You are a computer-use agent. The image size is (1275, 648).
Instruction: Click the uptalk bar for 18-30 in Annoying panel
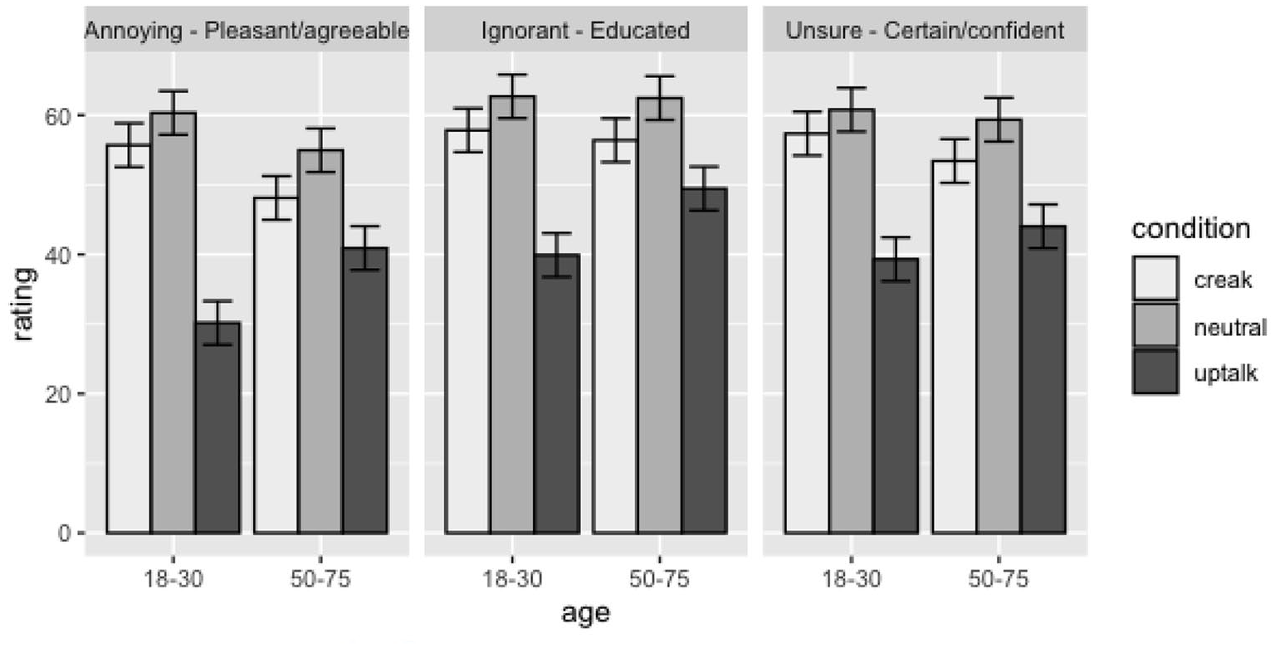[217, 428]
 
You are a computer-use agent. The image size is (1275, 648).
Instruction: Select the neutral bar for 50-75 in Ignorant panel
[660, 315]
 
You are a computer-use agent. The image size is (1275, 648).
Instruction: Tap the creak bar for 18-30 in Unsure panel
[807, 333]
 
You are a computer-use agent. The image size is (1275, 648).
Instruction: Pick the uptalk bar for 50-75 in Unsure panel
[1043, 379]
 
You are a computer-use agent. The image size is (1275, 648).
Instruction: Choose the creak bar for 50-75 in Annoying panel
[276, 365]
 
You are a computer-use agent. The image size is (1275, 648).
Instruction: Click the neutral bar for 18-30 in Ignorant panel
[512, 314]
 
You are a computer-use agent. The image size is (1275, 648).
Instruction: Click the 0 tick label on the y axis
[64, 533]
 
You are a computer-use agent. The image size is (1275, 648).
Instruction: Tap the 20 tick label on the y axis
[57, 393]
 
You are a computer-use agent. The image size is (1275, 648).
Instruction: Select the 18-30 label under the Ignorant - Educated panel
[512, 579]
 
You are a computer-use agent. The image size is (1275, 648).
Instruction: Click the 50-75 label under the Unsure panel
[999, 579]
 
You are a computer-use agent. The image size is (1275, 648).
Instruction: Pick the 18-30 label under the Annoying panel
[173, 579]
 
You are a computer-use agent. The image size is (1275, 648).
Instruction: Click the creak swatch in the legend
[1155, 278]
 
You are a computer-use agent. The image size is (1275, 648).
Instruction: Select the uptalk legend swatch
[1155, 372]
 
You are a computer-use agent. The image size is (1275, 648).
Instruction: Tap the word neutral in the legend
[1230, 327]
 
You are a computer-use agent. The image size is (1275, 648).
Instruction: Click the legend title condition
[1191, 229]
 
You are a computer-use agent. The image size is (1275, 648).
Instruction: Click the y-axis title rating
[23, 305]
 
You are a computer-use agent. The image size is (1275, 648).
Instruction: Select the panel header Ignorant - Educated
[586, 30]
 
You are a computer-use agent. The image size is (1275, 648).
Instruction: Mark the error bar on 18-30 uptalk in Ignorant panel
[557, 255]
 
